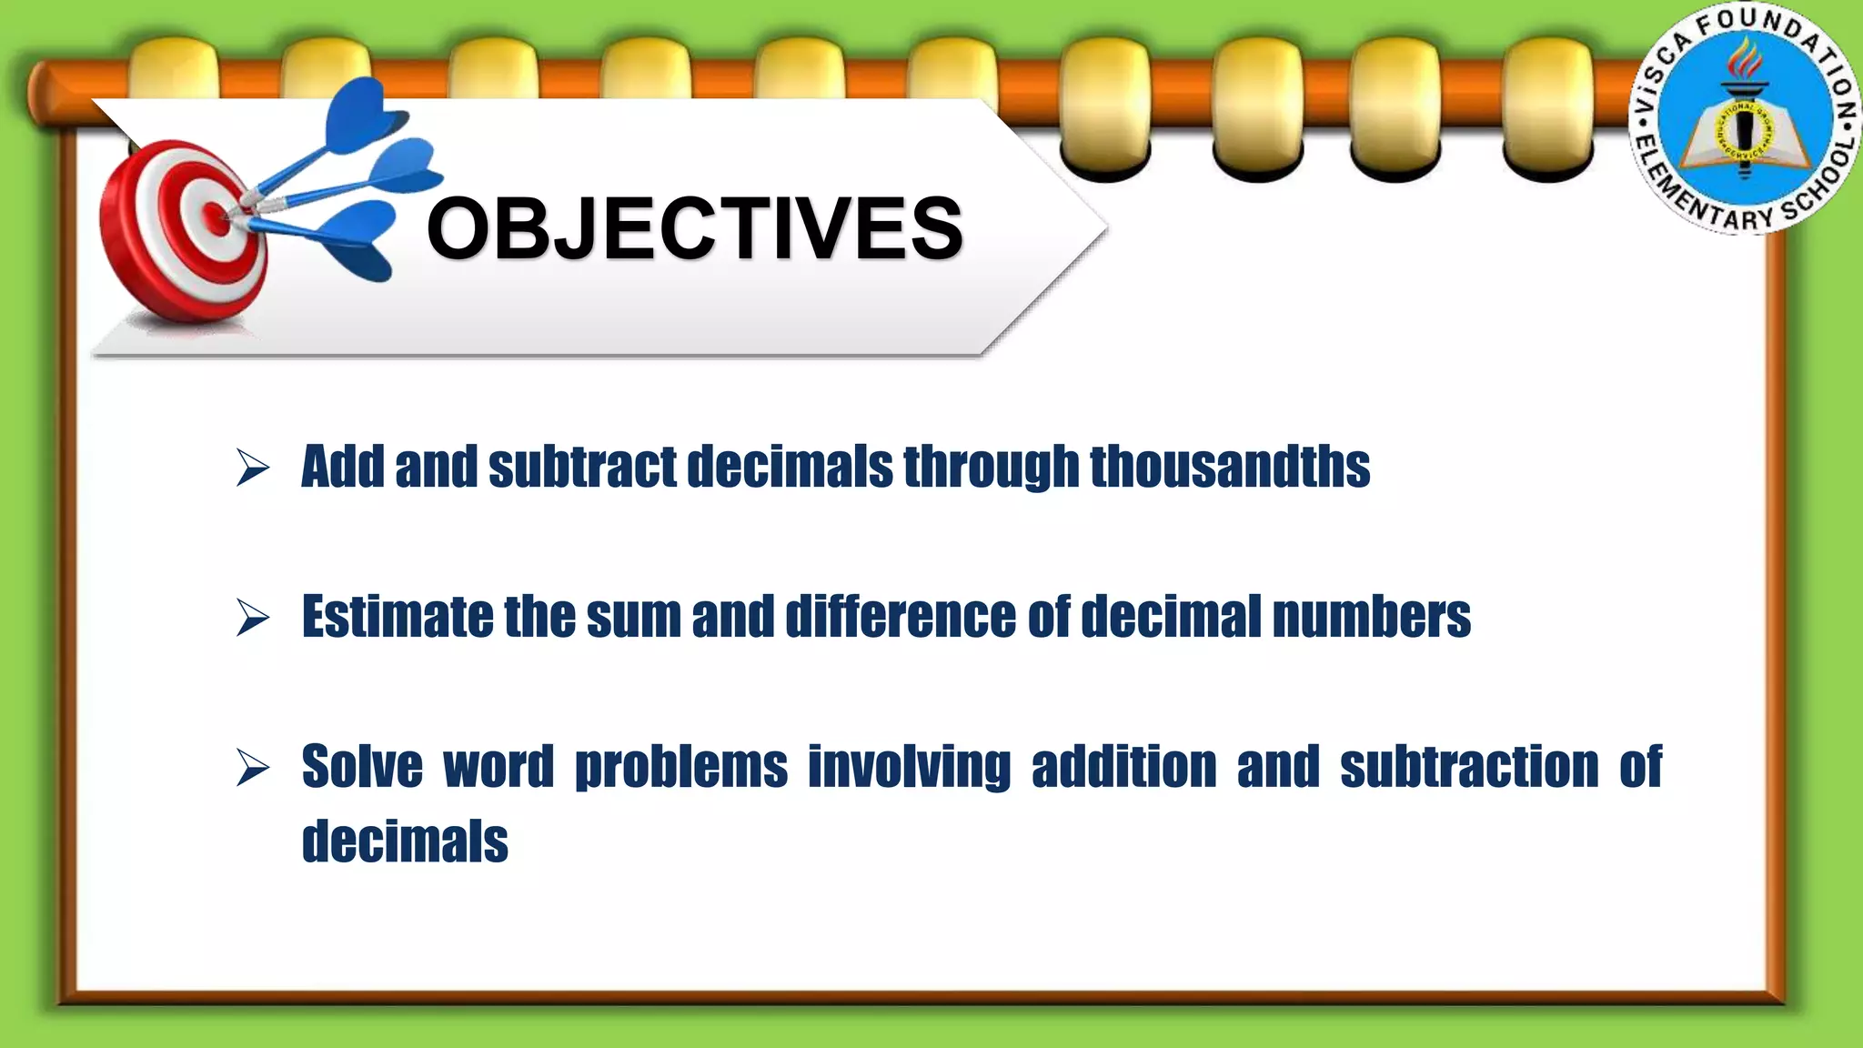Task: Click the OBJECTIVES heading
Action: click(x=694, y=228)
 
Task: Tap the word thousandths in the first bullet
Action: click(x=1230, y=467)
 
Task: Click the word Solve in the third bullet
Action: click(x=362, y=766)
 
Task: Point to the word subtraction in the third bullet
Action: click(x=1469, y=766)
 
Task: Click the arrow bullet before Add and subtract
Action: click(x=252, y=468)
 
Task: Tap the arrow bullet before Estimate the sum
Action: click(x=252, y=618)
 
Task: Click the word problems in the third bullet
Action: click(x=680, y=766)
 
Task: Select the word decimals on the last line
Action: click(x=405, y=841)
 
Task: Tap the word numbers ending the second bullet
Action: click(x=1371, y=617)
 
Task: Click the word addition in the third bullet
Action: click(x=1123, y=766)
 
